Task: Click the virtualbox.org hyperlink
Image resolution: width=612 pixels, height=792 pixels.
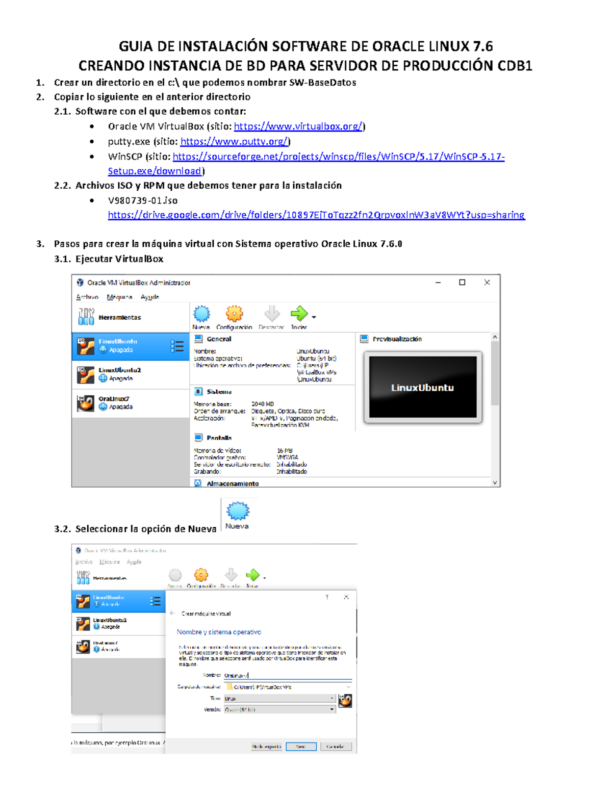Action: pos(298,126)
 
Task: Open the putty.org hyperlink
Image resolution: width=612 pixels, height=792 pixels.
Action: pos(235,142)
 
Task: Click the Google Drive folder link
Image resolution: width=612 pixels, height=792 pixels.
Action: pos(316,215)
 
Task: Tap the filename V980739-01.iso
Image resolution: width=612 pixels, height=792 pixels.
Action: pos(143,200)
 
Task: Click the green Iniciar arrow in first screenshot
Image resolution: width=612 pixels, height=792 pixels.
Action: pos(299,314)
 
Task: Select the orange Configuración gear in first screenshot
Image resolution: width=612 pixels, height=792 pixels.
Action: pos(234,314)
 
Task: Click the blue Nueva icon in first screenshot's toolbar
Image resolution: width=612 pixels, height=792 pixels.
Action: pos(201,314)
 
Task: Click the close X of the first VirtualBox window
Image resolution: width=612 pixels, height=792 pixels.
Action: pos(487,282)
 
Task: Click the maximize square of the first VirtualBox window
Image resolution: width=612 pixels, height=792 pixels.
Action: pos(462,282)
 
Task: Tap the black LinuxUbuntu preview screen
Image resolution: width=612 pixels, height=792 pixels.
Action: pos(422,387)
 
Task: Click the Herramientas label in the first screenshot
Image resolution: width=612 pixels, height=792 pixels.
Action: pos(119,317)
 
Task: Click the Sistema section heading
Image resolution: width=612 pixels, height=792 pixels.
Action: pos(219,392)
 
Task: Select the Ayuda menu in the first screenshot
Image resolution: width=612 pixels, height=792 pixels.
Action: pos(149,297)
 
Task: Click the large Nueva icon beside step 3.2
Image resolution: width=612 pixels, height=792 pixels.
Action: pos(237,511)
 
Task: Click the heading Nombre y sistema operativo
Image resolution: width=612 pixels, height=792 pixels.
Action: pos(219,632)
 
